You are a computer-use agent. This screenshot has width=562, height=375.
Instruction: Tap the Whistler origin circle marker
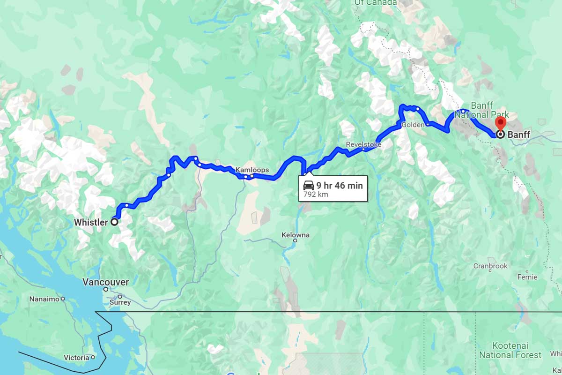[114, 223]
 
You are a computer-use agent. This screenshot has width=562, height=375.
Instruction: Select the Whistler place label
[91, 223]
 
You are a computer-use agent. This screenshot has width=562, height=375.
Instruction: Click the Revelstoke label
[363, 144]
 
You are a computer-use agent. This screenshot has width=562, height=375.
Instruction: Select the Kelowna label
[296, 235]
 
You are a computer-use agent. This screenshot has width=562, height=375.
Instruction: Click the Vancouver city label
[105, 282]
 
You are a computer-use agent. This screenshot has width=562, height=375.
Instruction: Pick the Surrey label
[121, 302]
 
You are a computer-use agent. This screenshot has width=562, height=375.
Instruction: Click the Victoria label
[76, 358]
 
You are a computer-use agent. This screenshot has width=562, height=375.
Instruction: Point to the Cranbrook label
[490, 266]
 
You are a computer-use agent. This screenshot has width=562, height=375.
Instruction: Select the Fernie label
[527, 277]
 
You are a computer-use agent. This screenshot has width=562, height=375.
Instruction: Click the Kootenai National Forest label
[517, 351]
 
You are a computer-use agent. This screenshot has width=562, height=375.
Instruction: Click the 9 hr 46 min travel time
[339, 185]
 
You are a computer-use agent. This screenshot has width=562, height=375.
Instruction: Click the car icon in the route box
[308, 185]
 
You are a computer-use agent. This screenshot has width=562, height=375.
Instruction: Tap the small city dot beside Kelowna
[295, 241]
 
